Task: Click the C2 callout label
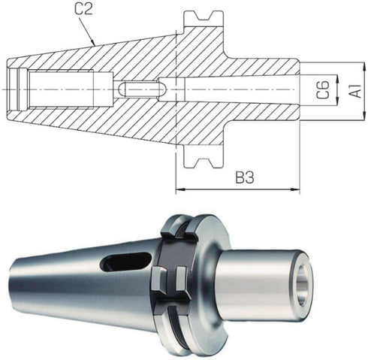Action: pos(83,9)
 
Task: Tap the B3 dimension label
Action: pos(245,177)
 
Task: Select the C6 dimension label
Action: pos(322,89)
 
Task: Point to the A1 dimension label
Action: pos(354,91)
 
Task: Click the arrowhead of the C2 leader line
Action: pos(93,42)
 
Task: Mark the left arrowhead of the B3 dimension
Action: pos(179,189)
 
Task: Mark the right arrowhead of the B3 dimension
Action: pos(295,189)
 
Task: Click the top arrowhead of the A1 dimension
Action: pos(363,66)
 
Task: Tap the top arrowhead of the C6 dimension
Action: pos(337,79)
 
